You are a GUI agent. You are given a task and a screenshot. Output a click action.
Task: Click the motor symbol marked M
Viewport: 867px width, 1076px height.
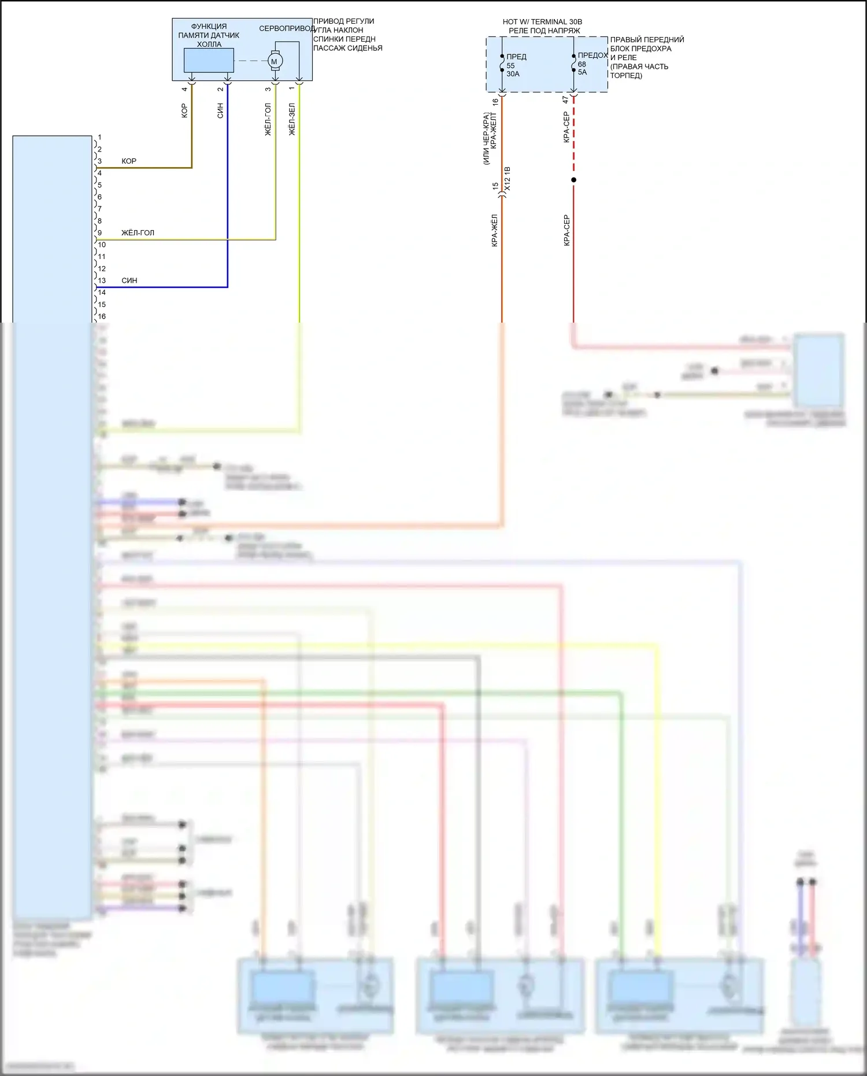(x=275, y=61)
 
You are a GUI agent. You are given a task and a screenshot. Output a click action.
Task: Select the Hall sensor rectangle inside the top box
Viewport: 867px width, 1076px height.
(x=209, y=60)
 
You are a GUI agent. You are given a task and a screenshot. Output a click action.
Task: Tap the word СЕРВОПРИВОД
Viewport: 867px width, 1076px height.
(x=287, y=28)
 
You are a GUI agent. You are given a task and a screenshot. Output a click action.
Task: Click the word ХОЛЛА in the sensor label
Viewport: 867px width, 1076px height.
(x=209, y=45)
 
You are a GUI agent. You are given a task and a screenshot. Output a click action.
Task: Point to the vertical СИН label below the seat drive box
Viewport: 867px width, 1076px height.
(x=220, y=111)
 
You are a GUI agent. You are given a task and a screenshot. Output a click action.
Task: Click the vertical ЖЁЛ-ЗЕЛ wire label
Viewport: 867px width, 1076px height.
(x=292, y=120)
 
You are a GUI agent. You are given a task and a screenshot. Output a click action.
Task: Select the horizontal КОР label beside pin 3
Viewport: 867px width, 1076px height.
(x=129, y=161)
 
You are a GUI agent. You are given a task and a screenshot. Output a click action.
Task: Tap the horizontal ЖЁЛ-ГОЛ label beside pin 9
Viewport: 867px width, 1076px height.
(x=138, y=233)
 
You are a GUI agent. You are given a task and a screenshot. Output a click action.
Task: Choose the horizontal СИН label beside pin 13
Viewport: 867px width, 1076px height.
(x=129, y=280)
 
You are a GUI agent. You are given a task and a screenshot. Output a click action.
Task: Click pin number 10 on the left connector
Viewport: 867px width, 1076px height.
(x=102, y=245)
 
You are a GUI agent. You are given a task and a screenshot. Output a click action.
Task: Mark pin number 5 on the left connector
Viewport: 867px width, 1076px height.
(x=99, y=185)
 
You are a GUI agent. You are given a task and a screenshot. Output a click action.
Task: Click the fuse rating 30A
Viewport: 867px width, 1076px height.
(x=513, y=74)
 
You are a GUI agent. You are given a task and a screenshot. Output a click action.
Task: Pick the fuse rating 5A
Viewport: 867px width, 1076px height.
(x=582, y=72)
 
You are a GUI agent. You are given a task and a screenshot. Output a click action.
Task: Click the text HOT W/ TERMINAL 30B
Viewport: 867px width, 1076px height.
(x=542, y=22)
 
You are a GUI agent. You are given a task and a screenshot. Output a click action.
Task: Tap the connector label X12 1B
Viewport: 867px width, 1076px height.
(x=507, y=179)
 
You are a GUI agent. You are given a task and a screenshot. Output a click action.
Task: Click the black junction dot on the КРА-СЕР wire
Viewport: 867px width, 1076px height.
(x=573, y=180)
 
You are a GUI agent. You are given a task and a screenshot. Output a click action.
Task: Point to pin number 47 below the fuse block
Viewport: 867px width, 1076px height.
(x=566, y=100)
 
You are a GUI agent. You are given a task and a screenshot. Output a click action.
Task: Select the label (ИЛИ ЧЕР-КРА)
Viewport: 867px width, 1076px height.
(x=486, y=139)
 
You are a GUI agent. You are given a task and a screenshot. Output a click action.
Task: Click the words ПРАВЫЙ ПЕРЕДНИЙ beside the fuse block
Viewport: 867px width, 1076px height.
(x=647, y=40)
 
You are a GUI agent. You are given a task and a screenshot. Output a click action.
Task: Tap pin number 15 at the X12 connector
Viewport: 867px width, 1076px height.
(x=495, y=186)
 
